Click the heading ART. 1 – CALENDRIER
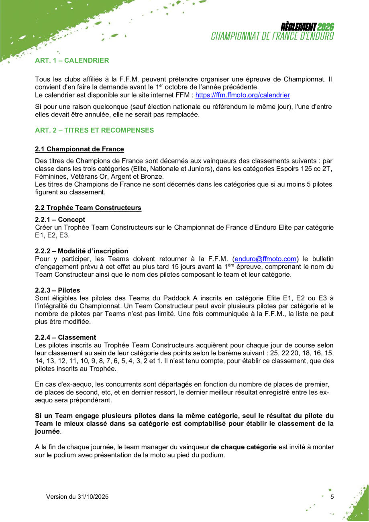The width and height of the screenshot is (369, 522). (x=72, y=61)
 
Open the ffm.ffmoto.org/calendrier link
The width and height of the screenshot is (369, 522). (x=243, y=95)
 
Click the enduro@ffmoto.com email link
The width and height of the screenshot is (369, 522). (x=265, y=259)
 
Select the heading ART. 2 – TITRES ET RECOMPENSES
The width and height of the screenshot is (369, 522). (x=94, y=130)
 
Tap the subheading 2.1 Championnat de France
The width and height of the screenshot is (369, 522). (x=80, y=149)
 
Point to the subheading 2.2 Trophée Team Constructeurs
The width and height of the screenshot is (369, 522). (x=88, y=208)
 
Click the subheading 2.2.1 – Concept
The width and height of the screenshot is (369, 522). (x=60, y=220)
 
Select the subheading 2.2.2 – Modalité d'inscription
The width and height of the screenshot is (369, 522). (x=82, y=251)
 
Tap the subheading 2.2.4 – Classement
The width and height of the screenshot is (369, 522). (x=65, y=337)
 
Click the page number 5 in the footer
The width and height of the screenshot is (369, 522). (x=332, y=497)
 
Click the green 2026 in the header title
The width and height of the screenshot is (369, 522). (x=325, y=27)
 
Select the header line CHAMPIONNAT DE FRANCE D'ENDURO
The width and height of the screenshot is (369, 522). (x=273, y=36)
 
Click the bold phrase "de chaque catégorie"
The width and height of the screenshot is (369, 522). (x=244, y=447)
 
